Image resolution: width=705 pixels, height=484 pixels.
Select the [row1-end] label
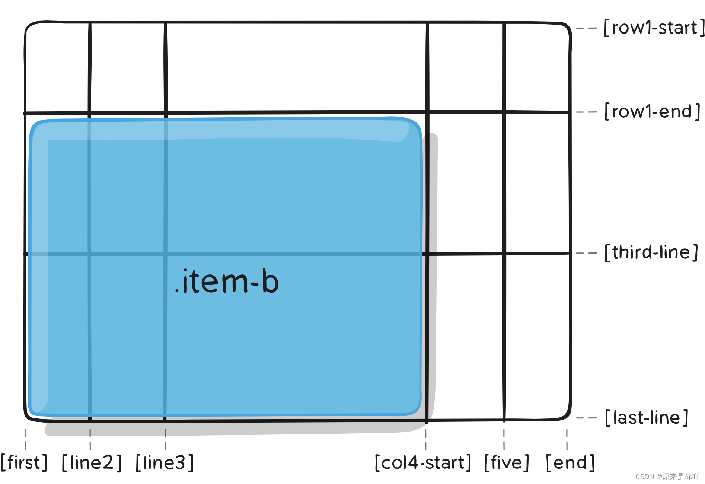click(x=652, y=111)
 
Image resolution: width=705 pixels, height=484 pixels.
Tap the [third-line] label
click(x=651, y=252)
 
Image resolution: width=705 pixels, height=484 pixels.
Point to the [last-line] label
click(x=646, y=418)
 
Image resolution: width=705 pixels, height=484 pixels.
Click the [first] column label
click(x=24, y=463)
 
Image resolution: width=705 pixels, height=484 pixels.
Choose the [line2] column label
click(x=92, y=463)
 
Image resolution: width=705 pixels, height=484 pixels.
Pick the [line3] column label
click(x=165, y=463)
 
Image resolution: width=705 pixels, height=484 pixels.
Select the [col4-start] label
click(x=423, y=463)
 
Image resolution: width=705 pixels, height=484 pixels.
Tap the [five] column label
click(x=507, y=463)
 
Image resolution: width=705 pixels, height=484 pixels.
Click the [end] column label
click(x=570, y=463)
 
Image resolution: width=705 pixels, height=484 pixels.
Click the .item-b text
click(x=227, y=281)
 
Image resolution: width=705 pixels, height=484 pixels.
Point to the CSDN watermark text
click(x=667, y=477)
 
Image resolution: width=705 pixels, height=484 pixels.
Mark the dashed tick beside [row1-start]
click(x=586, y=28)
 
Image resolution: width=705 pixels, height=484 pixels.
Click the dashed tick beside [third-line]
click(x=586, y=253)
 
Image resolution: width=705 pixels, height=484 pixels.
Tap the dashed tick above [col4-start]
click(x=426, y=439)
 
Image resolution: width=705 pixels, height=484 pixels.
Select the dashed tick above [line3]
click(x=165, y=439)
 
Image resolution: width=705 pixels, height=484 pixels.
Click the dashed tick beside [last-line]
click(x=586, y=418)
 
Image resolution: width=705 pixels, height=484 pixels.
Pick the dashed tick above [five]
click(x=504, y=439)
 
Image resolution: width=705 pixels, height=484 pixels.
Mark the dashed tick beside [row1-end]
click(x=586, y=112)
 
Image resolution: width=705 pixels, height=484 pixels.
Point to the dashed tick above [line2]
click(x=90, y=439)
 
